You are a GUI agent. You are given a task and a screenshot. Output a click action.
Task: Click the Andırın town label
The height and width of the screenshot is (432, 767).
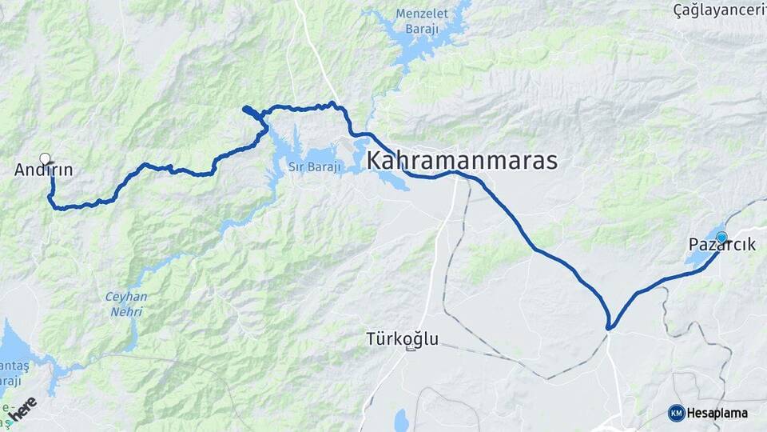[x=44, y=170]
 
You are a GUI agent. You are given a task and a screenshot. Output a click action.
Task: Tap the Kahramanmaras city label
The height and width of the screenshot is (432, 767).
[x=461, y=161]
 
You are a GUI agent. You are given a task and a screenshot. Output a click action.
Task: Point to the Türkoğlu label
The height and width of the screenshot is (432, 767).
[x=401, y=338]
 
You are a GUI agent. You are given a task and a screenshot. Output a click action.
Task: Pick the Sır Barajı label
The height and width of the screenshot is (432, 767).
[x=314, y=167]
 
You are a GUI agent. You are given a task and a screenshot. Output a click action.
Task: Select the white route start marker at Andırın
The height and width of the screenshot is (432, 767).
[x=46, y=158]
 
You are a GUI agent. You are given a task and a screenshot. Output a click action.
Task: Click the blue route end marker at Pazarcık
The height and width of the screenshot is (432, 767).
[x=721, y=237]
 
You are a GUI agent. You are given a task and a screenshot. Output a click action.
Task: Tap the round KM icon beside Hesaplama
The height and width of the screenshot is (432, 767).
[x=676, y=413]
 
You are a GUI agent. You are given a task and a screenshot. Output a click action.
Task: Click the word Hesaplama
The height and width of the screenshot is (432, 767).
[x=717, y=414]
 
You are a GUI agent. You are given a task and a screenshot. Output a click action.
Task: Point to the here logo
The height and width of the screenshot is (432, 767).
[x=22, y=410]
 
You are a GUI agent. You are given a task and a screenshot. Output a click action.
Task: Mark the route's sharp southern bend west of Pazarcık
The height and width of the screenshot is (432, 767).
[x=610, y=327]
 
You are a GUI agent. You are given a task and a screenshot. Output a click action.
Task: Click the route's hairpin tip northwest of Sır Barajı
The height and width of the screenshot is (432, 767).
[x=244, y=108]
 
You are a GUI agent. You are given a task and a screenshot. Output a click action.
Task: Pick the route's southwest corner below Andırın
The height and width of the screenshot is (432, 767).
[x=54, y=206]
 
